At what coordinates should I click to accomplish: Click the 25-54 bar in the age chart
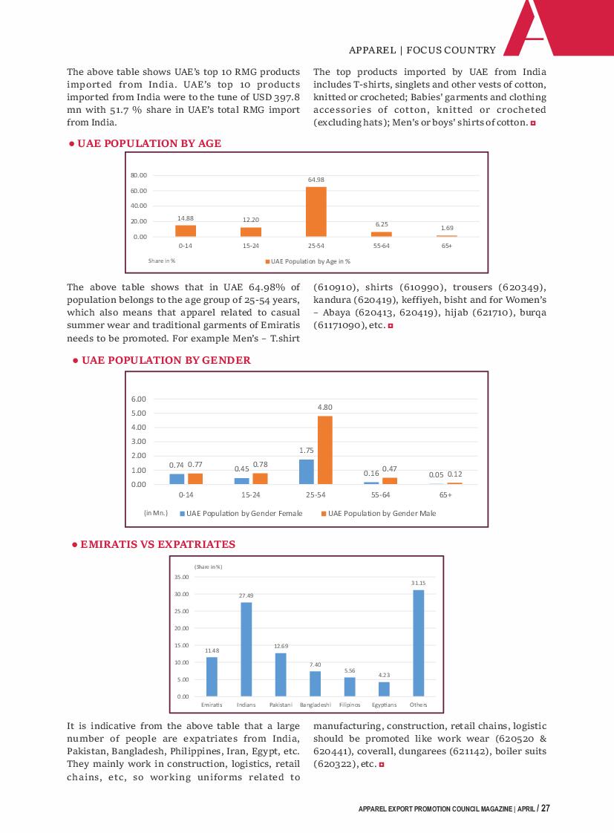316,212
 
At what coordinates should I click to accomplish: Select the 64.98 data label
316,180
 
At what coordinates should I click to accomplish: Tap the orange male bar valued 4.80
325,450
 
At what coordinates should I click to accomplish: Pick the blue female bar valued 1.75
307,471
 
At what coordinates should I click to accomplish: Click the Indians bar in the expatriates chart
246,649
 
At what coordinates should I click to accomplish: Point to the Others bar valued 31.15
419,643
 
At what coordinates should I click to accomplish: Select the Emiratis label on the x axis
212,705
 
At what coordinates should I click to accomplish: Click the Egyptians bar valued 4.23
384,689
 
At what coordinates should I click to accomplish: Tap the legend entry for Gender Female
241,513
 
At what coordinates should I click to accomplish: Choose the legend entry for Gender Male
379,513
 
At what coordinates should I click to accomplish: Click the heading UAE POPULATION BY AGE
145,143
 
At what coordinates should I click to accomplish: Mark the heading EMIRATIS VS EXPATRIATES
154,544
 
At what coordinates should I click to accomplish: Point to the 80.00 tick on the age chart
139,175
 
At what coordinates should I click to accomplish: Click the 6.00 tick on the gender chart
139,399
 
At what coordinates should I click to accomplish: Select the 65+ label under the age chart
447,246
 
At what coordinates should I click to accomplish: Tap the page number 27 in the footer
546,808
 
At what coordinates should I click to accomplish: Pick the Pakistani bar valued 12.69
281,675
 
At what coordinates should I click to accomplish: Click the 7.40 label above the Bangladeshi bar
316,664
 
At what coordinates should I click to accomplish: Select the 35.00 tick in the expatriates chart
182,577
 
